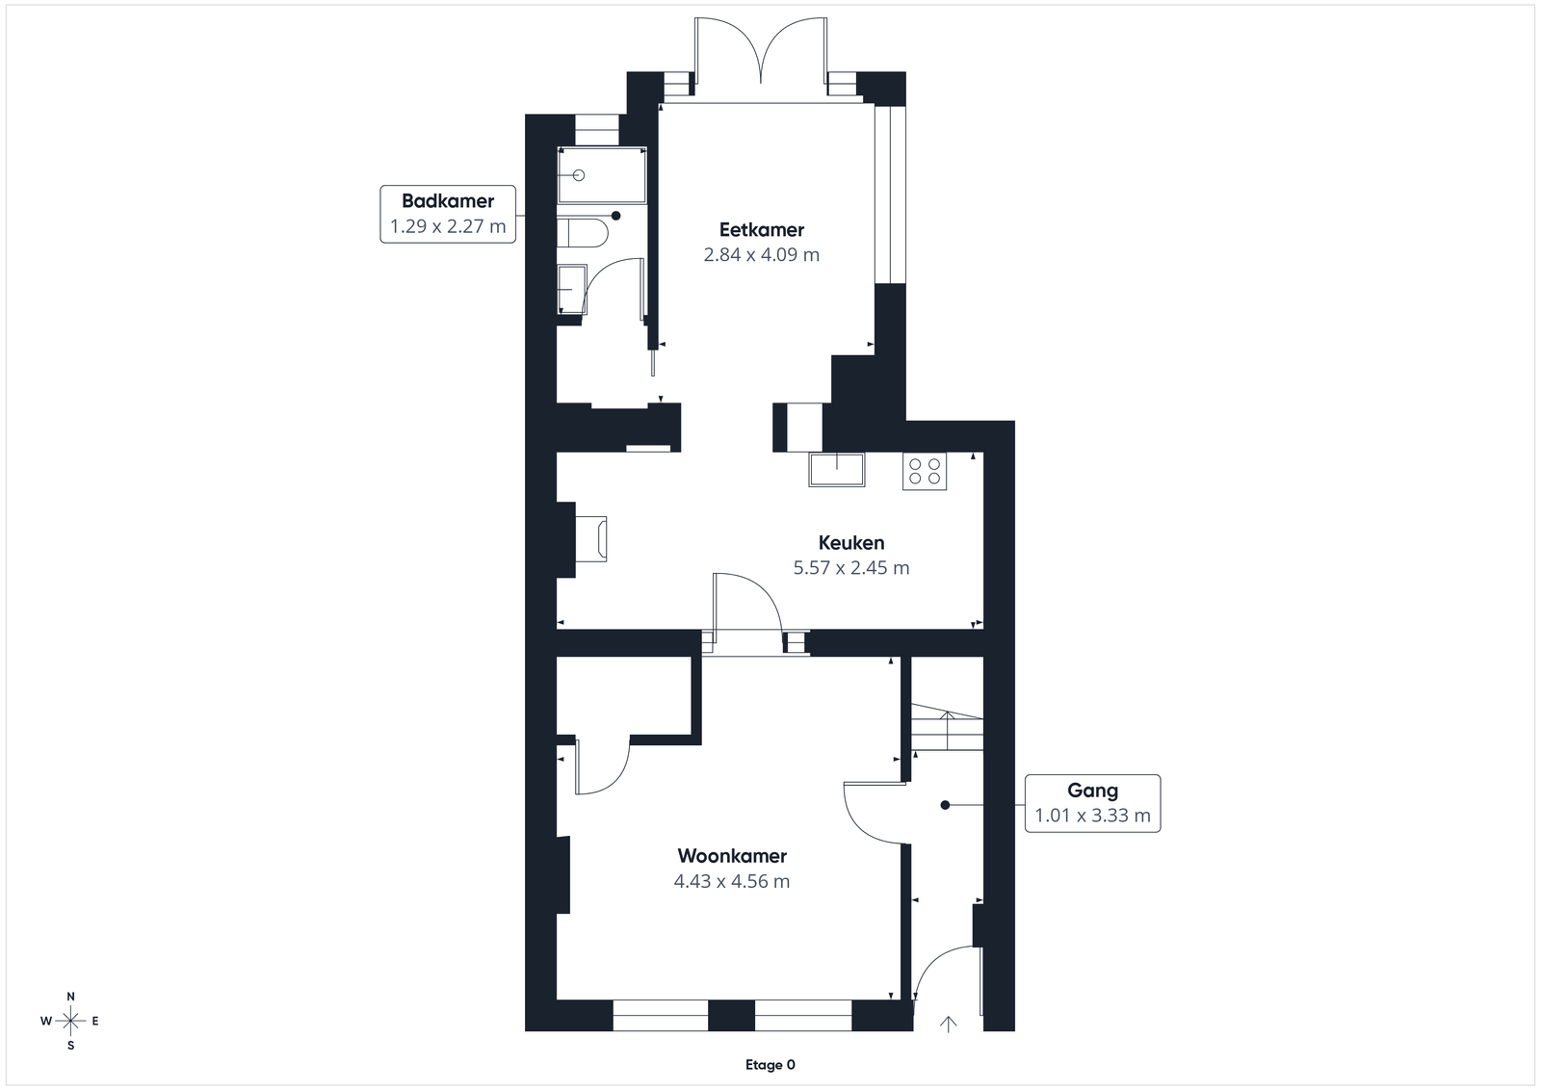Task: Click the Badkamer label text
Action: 448,201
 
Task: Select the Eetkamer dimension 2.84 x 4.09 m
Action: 762,254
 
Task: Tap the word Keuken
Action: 851,543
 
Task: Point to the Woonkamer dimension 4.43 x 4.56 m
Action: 732,881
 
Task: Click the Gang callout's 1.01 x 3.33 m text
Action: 1092,816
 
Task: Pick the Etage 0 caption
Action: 770,1065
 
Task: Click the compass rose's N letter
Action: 70,997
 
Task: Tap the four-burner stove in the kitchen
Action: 925,471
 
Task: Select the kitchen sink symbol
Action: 837,470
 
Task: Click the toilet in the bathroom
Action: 583,233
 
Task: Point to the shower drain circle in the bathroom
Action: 579,175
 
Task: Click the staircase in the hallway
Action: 948,728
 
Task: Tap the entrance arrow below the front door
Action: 948,1025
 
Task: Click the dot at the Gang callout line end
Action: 945,805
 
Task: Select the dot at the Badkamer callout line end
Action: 615,216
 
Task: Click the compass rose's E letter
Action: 95,1022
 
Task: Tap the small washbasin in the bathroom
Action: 572,290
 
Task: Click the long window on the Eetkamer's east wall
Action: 890,194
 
